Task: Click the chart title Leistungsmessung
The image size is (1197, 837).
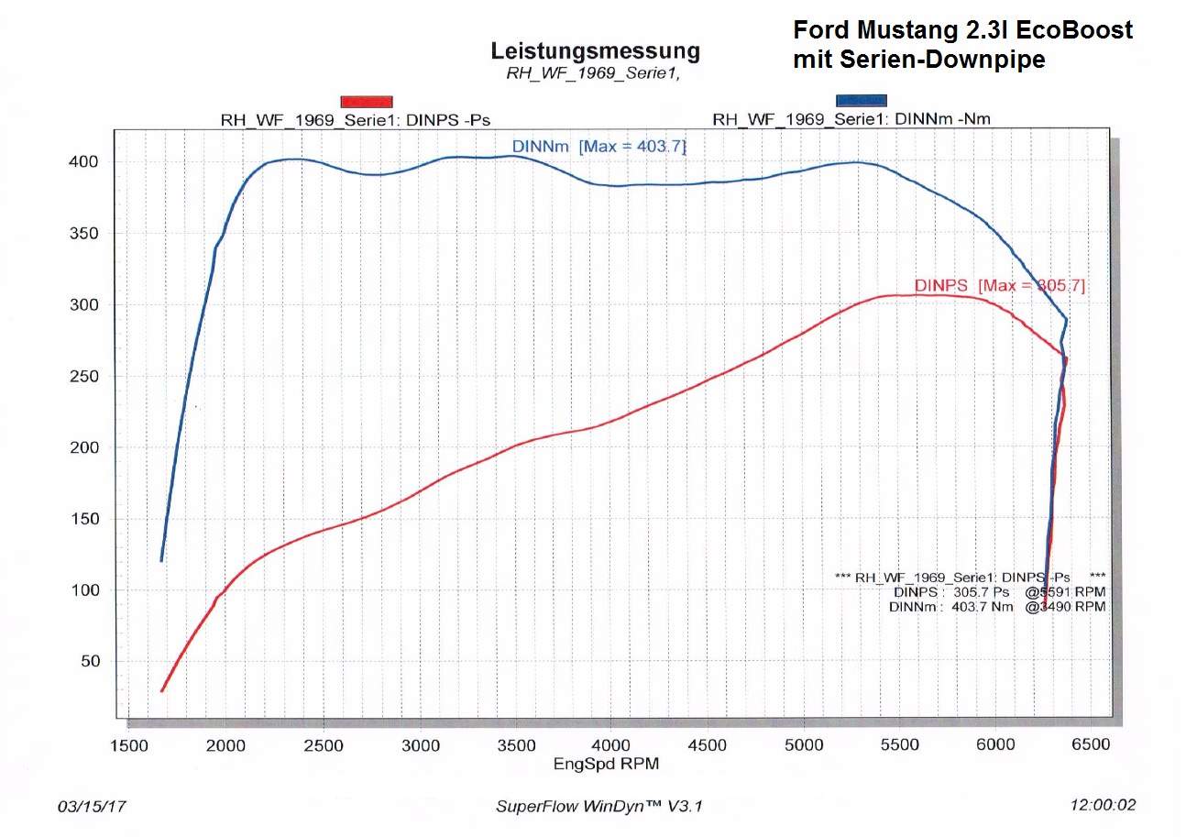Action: point(595,51)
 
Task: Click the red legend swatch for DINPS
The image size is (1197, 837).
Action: point(367,102)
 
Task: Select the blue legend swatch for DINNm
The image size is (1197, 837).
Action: point(862,100)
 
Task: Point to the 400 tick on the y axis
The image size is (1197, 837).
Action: point(93,162)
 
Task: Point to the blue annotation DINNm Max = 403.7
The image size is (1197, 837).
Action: point(598,146)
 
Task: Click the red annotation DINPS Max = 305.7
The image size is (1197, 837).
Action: point(999,286)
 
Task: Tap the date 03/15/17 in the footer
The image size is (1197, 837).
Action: point(93,807)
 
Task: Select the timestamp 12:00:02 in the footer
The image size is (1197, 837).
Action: point(1103,806)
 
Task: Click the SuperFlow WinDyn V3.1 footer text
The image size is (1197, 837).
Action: point(599,807)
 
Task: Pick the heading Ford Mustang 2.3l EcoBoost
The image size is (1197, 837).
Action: point(962,30)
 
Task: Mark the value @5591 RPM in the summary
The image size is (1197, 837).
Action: point(1065,592)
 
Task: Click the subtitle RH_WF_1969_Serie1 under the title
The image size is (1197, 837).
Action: point(592,73)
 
